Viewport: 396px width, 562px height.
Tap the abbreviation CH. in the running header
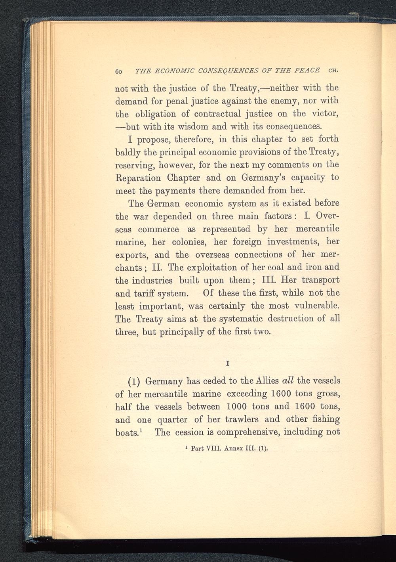(x=335, y=71)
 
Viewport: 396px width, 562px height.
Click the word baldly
(x=127, y=152)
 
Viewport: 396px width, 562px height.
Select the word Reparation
(x=137, y=178)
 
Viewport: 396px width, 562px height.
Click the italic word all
(x=286, y=381)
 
